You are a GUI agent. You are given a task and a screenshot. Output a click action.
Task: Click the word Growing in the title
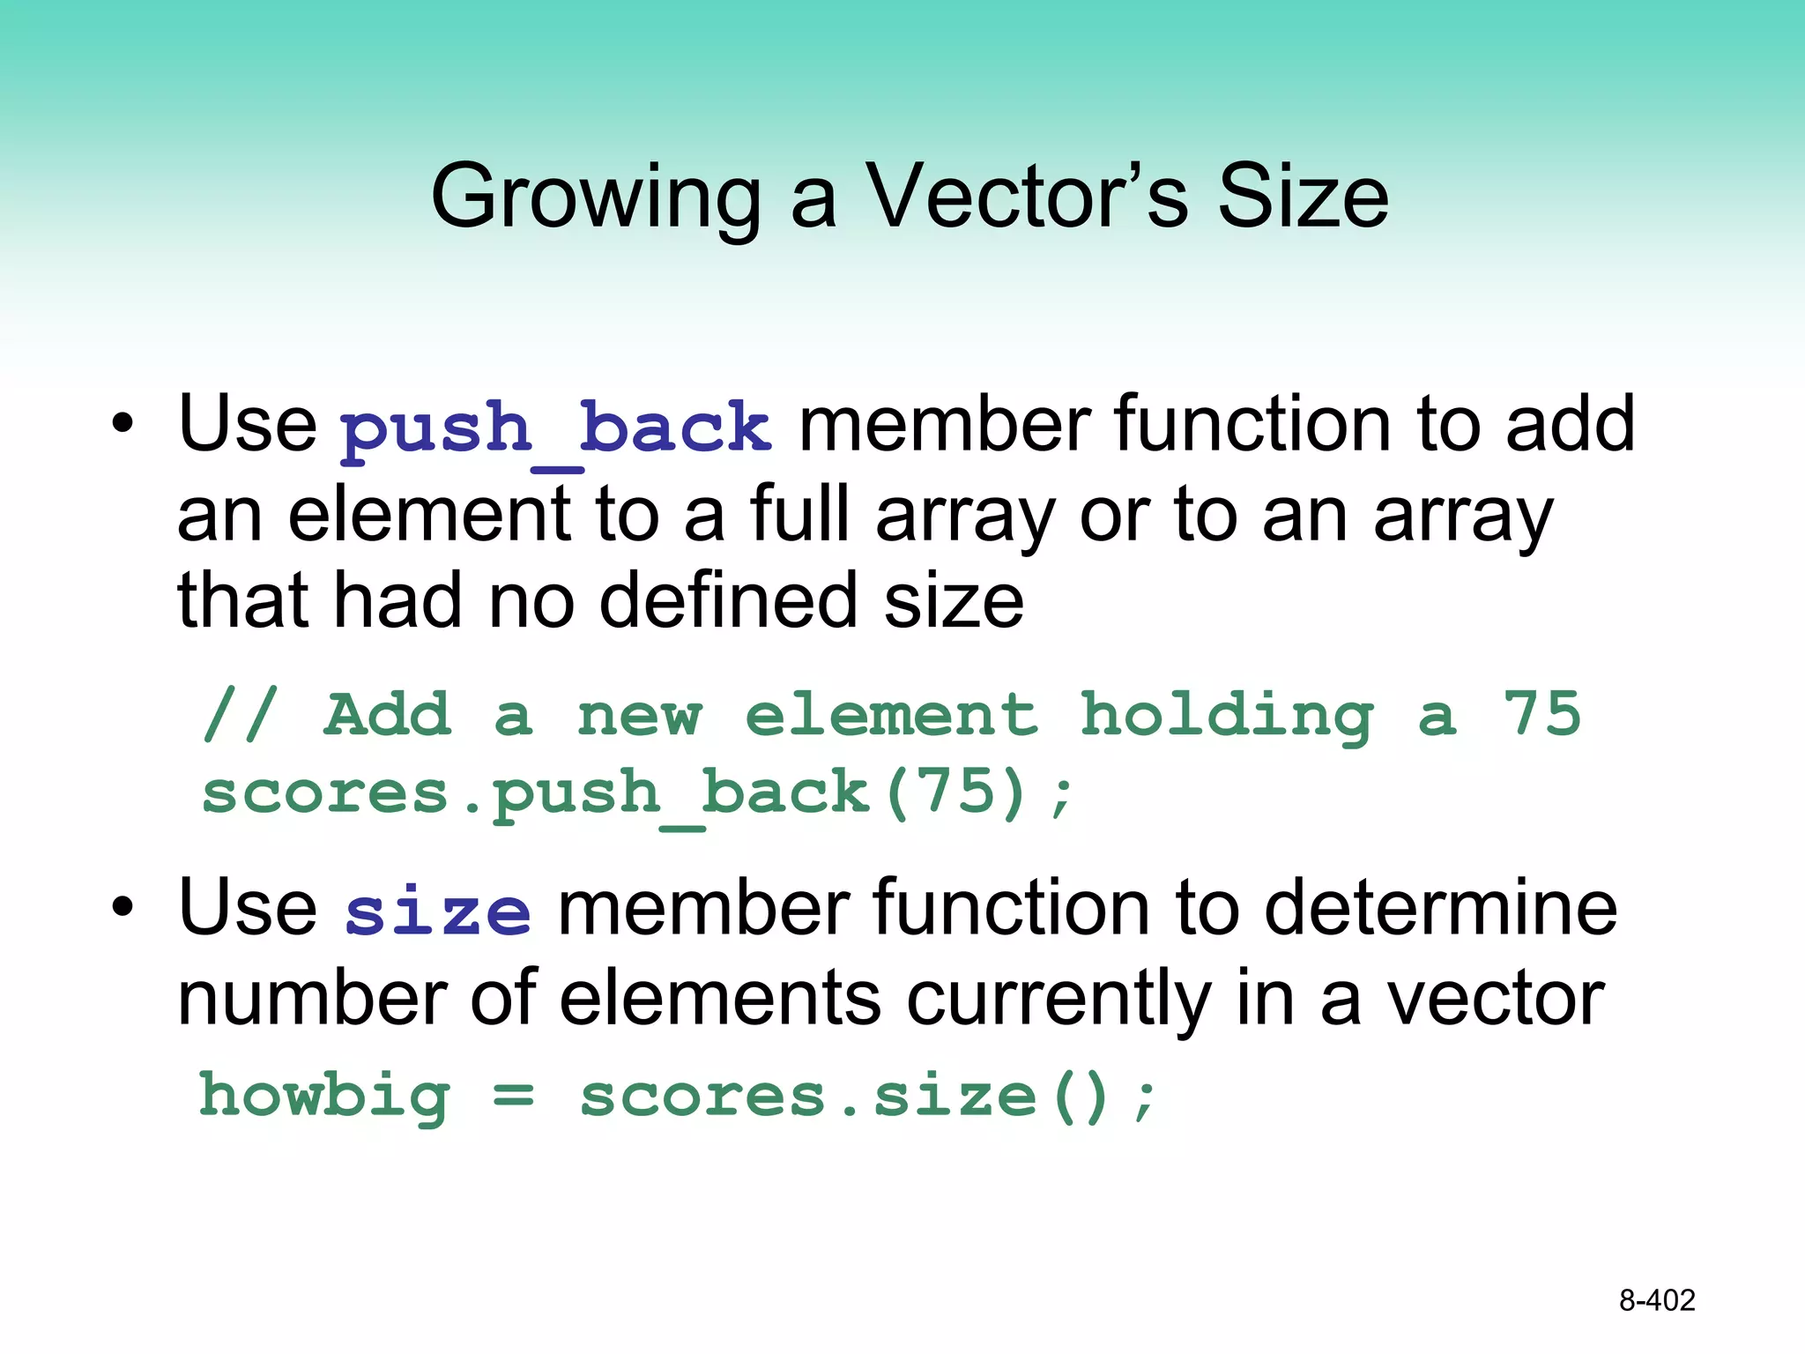[596, 197]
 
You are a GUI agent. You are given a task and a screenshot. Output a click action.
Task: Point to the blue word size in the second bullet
[437, 913]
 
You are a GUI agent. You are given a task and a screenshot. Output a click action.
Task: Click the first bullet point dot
[123, 424]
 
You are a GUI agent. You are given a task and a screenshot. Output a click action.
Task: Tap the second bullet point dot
[123, 907]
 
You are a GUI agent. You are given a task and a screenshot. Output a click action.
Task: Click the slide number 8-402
[1657, 1300]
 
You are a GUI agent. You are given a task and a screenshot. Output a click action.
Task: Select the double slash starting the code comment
[240, 714]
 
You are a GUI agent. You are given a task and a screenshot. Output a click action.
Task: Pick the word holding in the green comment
[1226, 716]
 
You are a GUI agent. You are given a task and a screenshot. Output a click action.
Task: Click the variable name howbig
[324, 1097]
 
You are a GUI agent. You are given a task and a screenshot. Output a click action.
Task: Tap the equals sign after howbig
[513, 1097]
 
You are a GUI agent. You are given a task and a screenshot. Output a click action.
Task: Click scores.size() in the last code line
[867, 1097]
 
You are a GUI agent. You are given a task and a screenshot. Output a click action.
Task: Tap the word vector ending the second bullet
[1496, 1001]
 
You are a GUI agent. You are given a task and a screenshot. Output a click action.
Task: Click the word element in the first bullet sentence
[429, 514]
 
